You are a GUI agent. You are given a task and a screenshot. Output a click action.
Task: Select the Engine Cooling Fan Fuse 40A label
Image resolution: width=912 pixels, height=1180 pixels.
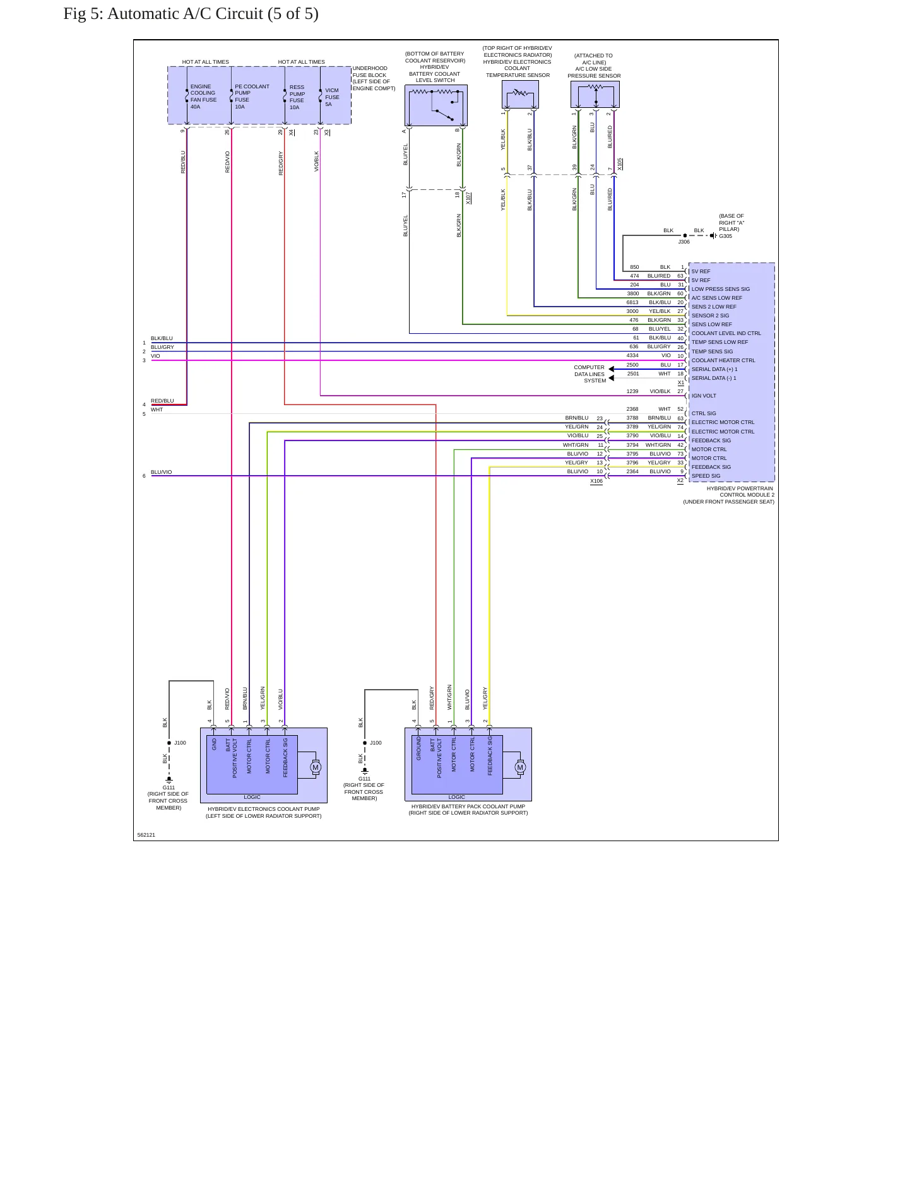pos(203,97)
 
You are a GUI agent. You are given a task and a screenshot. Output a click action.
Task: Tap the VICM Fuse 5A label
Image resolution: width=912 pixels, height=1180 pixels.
pos(332,97)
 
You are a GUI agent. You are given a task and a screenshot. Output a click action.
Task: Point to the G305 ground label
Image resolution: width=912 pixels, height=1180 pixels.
pos(725,236)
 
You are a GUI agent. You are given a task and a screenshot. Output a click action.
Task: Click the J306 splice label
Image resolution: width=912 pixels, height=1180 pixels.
pos(684,242)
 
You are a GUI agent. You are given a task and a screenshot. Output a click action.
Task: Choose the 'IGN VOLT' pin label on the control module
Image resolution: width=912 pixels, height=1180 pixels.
pos(704,396)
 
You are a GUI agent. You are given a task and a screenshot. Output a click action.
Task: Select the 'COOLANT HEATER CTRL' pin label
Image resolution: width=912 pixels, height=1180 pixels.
pos(723,360)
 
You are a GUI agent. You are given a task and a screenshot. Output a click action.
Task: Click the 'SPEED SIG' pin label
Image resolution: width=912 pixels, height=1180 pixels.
pos(706,476)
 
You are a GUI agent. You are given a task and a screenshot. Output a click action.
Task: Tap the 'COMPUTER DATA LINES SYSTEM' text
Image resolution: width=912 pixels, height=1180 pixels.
pos(589,374)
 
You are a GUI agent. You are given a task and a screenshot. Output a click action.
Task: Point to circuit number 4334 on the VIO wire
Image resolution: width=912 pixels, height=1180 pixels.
pos(632,355)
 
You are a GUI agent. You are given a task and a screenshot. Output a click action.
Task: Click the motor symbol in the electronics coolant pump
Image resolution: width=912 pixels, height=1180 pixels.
pos(316,767)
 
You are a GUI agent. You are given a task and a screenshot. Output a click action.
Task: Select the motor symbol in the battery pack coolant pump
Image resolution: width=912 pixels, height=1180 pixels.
pos(520,767)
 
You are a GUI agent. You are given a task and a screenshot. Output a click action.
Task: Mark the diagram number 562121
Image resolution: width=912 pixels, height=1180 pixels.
pos(146,835)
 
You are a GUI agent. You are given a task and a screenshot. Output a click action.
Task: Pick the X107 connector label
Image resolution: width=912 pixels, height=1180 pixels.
pos(468,198)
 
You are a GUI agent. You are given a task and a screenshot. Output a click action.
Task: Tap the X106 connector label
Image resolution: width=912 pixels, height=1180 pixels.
pos(596,481)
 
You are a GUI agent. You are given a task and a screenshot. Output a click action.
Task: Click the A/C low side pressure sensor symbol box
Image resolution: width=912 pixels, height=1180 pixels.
pos(595,95)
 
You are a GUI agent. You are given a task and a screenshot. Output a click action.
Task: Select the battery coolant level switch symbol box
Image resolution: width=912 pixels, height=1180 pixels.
pos(436,105)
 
